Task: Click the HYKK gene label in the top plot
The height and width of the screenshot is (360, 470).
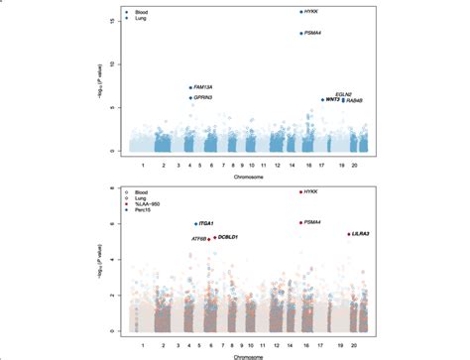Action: pyautogui.click(x=315, y=12)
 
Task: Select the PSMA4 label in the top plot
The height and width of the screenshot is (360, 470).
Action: pyautogui.click(x=316, y=33)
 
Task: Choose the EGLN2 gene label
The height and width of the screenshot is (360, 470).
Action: pyautogui.click(x=346, y=92)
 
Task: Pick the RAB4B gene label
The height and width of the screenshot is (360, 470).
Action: pyautogui.click(x=355, y=100)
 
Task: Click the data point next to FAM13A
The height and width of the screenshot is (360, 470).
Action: pyautogui.click(x=191, y=88)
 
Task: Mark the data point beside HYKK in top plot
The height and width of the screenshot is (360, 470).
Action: pyautogui.click(x=301, y=12)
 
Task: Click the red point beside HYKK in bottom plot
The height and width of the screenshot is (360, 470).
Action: pyautogui.click(x=300, y=191)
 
